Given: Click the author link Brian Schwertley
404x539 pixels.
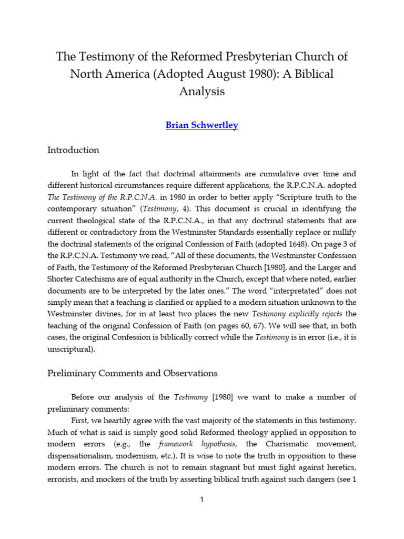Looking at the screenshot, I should tap(201, 125).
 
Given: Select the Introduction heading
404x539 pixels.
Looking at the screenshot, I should tap(73, 150).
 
